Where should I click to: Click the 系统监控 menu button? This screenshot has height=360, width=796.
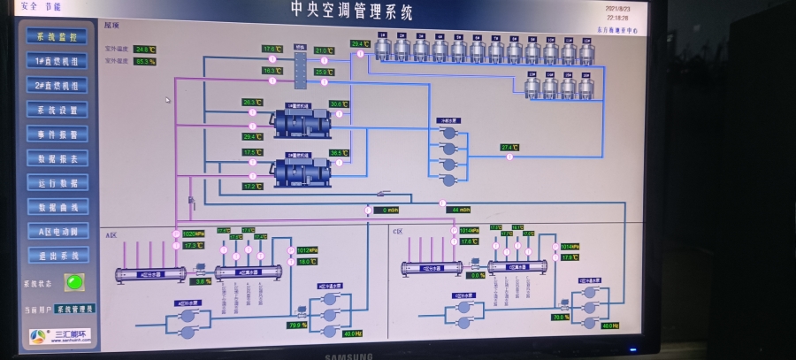click(x=57, y=37)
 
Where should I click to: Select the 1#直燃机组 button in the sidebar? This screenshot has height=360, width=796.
click(x=57, y=62)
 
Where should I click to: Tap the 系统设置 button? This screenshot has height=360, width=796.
click(x=57, y=111)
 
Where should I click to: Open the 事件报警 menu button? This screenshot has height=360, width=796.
click(x=57, y=134)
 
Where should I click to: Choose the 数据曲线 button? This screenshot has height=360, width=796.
click(x=57, y=207)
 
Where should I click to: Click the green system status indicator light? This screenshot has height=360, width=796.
click(x=74, y=282)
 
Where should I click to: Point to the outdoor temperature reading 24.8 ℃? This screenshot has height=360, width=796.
click(x=144, y=50)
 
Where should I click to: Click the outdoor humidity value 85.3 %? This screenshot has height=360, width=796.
click(x=144, y=61)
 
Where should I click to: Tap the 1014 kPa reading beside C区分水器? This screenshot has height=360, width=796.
click(x=469, y=230)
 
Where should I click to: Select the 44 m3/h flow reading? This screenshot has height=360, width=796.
click(x=459, y=210)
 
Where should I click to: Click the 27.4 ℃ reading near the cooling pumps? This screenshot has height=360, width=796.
click(x=509, y=147)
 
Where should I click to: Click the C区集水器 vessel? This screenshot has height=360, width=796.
click(x=517, y=266)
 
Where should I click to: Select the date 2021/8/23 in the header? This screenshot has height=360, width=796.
click(x=617, y=8)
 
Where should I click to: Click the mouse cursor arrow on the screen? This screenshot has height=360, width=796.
click(x=167, y=100)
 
